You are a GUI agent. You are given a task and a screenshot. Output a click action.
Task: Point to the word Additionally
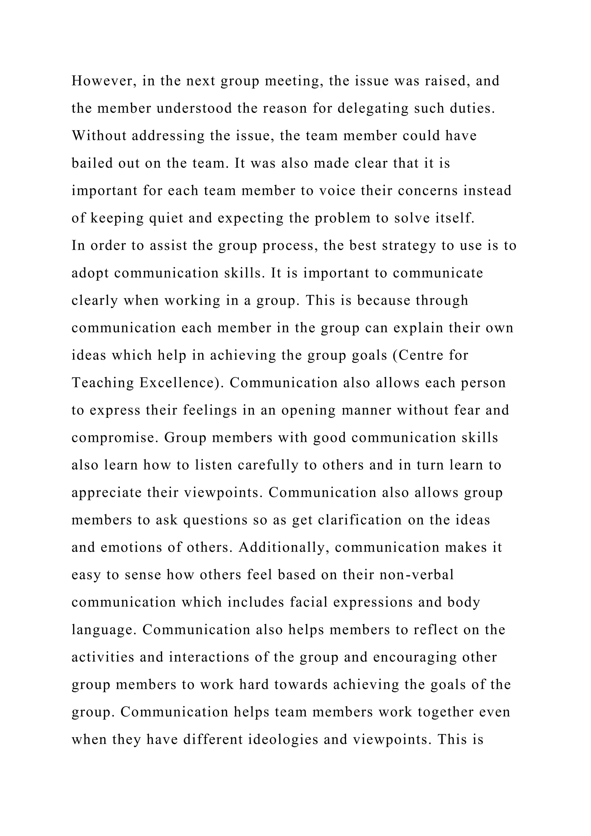click(284, 548)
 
